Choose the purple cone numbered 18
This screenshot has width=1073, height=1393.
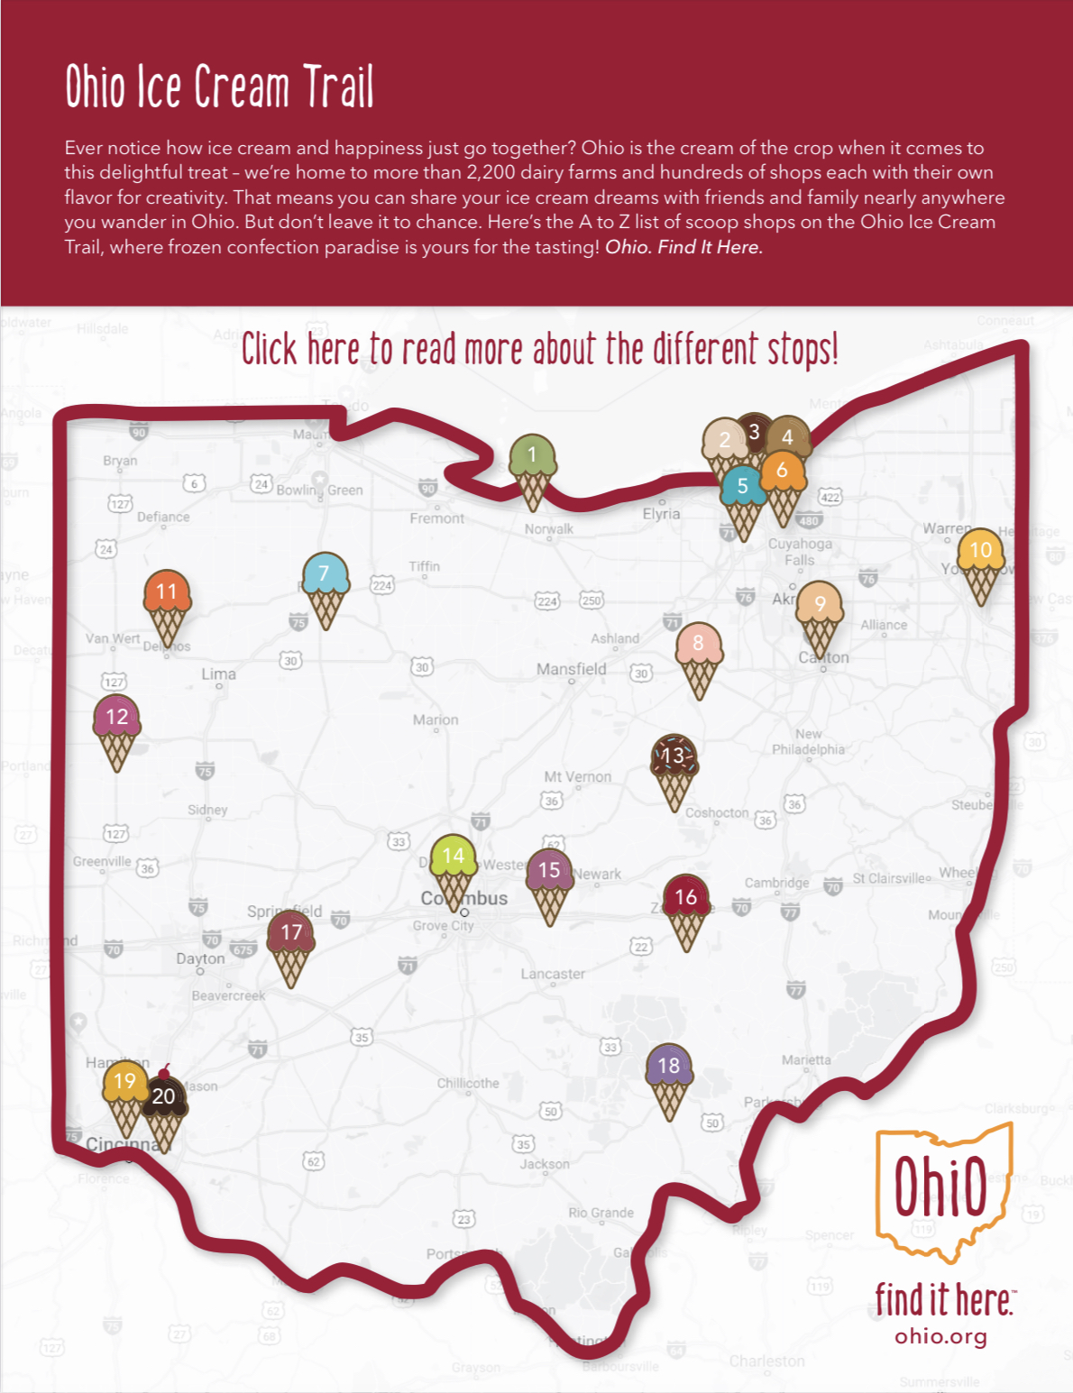click(x=669, y=1077)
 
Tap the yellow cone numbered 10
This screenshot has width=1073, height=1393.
click(x=980, y=563)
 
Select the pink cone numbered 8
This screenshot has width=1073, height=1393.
click(x=699, y=656)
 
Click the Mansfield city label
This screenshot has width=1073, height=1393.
click(x=571, y=669)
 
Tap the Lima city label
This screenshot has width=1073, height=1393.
click(x=218, y=674)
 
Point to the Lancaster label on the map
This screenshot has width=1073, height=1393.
click(x=553, y=974)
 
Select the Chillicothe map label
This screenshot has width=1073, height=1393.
click(x=468, y=1083)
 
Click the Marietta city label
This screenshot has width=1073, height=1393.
click(x=806, y=1059)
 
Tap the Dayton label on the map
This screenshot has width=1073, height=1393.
click(x=200, y=958)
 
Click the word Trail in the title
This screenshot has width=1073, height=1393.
click(x=338, y=87)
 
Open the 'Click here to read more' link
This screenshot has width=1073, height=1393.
click(x=539, y=350)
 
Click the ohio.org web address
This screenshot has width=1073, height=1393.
click(x=940, y=1336)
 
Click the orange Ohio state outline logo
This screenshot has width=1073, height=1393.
click(x=943, y=1190)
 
